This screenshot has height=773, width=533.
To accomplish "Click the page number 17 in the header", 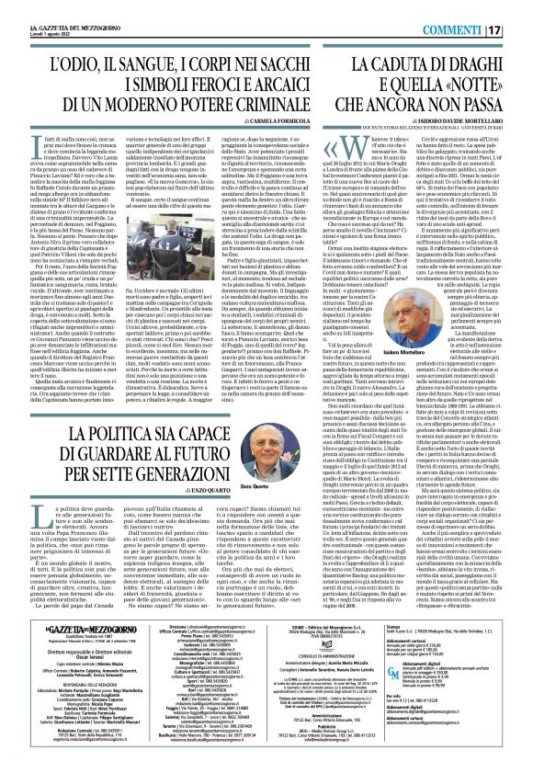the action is (519, 14).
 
